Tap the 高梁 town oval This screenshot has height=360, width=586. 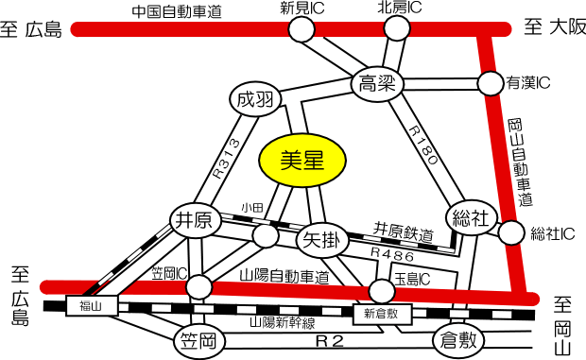tap(377, 84)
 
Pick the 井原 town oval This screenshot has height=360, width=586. tap(195, 221)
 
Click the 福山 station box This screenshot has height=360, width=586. tap(91, 305)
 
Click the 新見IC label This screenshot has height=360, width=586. tap(302, 9)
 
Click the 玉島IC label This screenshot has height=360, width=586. tap(412, 278)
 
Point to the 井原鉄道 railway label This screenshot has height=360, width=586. tap(403, 231)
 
